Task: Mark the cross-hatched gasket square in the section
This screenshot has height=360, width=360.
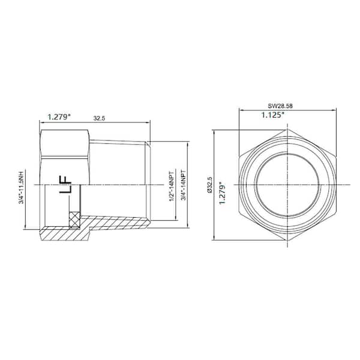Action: pyautogui.click(x=74, y=220)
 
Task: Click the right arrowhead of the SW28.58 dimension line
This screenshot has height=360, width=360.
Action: pyautogui.click(x=332, y=110)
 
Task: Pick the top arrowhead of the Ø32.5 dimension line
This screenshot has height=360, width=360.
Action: pyautogui.click(x=215, y=129)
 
